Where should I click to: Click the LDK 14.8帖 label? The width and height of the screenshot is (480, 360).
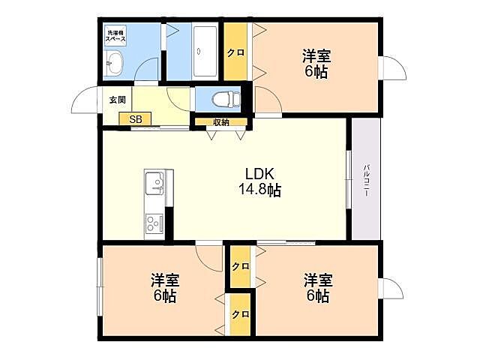click(259, 182)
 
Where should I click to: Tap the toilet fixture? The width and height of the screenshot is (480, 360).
click(226, 99)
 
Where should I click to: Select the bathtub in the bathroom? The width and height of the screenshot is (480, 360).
click(205, 52)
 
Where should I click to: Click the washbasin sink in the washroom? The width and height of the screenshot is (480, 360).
click(113, 63)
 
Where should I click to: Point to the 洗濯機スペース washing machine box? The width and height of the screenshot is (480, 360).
click(115, 36)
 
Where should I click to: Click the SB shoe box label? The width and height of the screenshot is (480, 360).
click(135, 119)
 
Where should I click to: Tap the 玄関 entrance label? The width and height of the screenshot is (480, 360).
click(118, 100)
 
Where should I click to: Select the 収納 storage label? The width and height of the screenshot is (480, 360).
click(221, 122)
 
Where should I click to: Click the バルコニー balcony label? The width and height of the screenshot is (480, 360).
click(366, 180)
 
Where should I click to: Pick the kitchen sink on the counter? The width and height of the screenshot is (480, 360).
click(154, 183)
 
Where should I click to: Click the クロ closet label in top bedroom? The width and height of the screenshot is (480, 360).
click(235, 52)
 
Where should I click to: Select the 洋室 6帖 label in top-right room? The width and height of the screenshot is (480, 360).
click(316, 64)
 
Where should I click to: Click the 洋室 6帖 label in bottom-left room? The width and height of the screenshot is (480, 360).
click(164, 287)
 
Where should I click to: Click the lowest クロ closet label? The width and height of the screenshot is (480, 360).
click(240, 314)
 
